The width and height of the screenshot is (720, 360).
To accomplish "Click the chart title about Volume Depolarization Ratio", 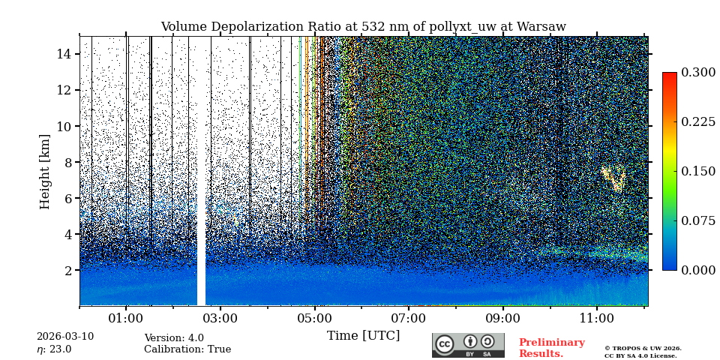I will click(x=363, y=27).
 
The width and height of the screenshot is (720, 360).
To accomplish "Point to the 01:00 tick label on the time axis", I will click(x=126, y=318).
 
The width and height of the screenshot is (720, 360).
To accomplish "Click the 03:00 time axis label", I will click(x=220, y=318).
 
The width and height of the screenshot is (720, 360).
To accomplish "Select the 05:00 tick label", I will click(x=315, y=318).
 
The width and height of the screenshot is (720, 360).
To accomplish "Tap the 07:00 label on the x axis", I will click(x=409, y=318).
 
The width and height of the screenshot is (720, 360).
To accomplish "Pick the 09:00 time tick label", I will click(x=502, y=318).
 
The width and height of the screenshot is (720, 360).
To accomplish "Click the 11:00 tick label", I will click(x=597, y=318).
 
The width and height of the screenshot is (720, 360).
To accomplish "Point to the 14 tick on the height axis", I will click(x=64, y=54).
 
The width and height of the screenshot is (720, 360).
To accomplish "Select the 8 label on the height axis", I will click(x=67, y=162).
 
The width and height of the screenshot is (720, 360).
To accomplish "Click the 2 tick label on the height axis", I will click(x=67, y=270).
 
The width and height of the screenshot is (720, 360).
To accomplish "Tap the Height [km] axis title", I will click(x=45, y=171).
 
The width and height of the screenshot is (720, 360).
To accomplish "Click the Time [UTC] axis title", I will click(x=363, y=335).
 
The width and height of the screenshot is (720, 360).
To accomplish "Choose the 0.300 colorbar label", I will click(x=698, y=73).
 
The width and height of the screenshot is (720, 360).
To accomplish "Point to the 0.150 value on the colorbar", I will click(x=698, y=171).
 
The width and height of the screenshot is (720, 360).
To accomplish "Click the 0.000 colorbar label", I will click(x=698, y=270).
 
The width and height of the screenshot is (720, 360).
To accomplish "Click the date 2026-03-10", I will click(x=65, y=337).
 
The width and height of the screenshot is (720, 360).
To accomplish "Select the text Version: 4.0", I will click(x=174, y=338).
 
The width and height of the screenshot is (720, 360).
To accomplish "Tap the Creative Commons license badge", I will click(x=468, y=345).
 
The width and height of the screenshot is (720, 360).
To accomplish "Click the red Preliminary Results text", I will click(x=551, y=348).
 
